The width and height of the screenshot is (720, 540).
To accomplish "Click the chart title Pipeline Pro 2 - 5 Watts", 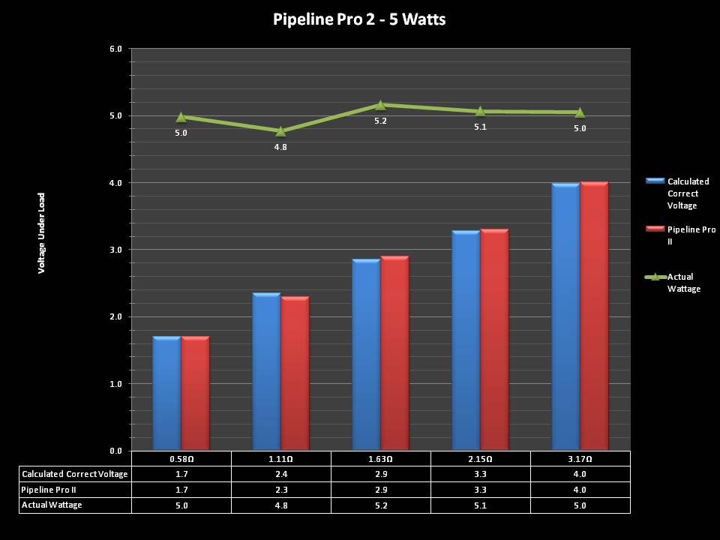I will (359, 19).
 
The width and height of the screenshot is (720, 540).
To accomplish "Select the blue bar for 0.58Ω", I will (166, 394).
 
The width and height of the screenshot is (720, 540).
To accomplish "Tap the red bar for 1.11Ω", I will (295, 373).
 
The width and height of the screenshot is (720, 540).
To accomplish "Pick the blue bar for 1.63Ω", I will (366, 355).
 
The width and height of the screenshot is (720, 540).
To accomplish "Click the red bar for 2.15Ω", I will (494, 340).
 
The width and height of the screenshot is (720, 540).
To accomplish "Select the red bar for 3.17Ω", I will (594, 316).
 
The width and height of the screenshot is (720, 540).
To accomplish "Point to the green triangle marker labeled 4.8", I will (280, 131).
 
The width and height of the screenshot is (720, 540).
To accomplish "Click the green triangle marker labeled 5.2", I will (380, 105).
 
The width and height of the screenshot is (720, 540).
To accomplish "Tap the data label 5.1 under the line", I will (480, 127).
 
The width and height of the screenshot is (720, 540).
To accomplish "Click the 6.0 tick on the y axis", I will (116, 49).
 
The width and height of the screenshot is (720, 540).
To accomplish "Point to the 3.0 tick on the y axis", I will (116, 250).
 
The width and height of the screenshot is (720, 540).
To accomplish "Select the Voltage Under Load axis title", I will (42, 232).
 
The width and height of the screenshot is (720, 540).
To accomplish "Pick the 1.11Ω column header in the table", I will (280, 458).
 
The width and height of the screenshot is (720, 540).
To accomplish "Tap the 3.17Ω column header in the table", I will (580, 458).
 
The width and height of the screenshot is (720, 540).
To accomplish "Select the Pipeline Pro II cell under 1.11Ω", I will (280, 490).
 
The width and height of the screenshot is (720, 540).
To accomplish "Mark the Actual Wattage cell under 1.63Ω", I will (380, 505).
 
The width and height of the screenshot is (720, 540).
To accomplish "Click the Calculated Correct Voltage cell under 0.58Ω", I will (181, 474).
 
